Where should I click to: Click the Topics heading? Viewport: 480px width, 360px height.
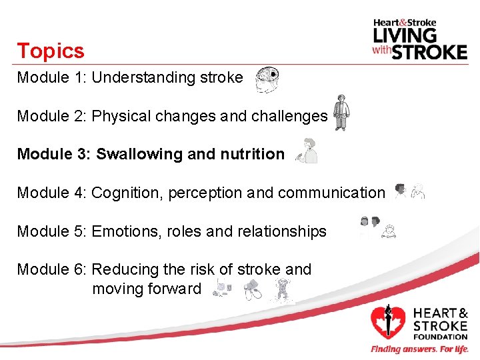(x=51, y=51)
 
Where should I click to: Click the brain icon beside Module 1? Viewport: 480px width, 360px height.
(x=267, y=79)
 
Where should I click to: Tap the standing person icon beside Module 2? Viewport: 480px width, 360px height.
(x=341, y=113)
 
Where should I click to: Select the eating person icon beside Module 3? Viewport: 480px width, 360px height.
(x=307, y=151)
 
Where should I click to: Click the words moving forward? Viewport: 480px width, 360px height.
(x=146, y=289)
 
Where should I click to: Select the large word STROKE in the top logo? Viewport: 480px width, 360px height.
(x=429, y=51)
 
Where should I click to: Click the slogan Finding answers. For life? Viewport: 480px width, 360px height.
(x=419, y=349)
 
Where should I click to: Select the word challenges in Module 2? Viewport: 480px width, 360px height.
(x=289, y=116)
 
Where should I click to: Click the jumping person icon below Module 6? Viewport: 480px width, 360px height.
(x=282, y=291)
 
